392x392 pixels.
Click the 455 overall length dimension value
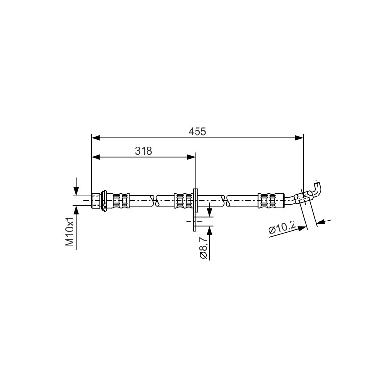coord(197,131)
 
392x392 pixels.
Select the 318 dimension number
coord(144,151)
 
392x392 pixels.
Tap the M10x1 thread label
coord(70,231)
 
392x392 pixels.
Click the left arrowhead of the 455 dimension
coord(96,138)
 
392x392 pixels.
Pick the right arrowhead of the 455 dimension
coord(299,138)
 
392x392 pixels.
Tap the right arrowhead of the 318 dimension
coord(191,157)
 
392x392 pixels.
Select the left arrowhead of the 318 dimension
coord(96,157)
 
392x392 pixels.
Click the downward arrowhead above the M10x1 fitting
coord(76,191)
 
